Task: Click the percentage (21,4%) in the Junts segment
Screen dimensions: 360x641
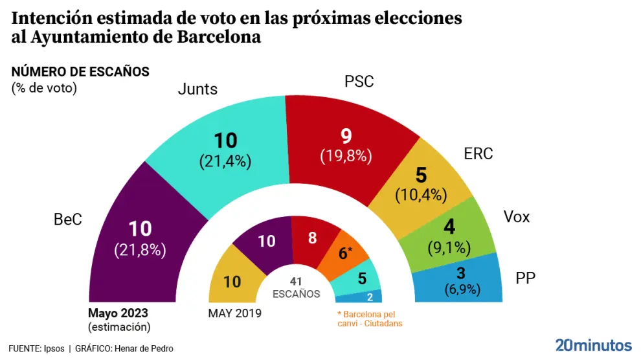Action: (x=225, y=162)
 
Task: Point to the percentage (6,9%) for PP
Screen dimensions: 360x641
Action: (x=462, y=289)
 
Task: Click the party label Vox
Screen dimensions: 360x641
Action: (x=517, y=217)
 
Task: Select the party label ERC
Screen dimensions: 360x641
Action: (x=478, y=154)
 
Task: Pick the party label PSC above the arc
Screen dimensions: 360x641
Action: (x=359, y=82)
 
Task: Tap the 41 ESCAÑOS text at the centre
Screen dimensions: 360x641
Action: (x=296, y=287)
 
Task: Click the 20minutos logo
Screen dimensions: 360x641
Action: (x=593, y=344)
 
